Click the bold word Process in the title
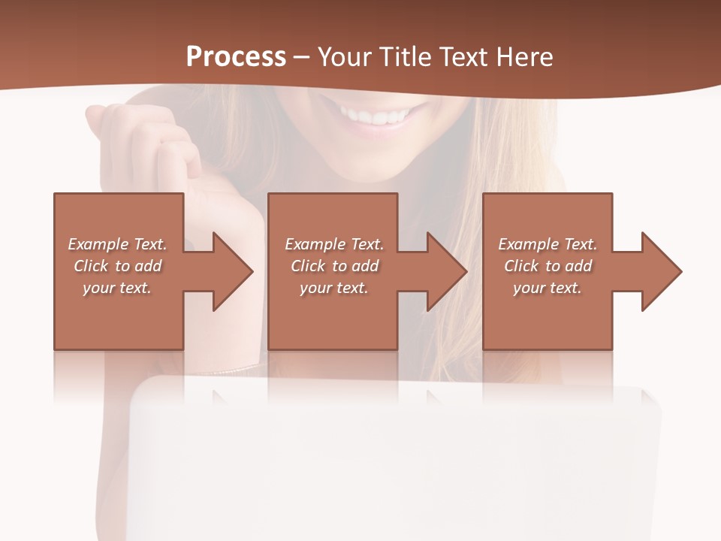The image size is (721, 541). pyautogui.click(x=236, y=57)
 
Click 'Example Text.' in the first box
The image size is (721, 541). pyautogui.click(x=118, y=244)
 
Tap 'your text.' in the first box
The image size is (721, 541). pyautogui.click(x=118, y=288)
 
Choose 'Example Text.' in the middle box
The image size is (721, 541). pyautogui.click(x=334, y=244)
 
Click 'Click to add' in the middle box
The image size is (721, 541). pyautogui.click(x=334, y=266)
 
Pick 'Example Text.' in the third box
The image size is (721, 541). pyautogui.click(x=548, y=244)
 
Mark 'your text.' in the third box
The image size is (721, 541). pyautogui.click(x=548, y=288)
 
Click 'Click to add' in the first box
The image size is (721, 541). pyautogui.click(x=118, y=266)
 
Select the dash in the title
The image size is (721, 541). pyautogui.click(x=302, y=58)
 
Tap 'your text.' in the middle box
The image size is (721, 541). pyautogui.click(x=334, y=288)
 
